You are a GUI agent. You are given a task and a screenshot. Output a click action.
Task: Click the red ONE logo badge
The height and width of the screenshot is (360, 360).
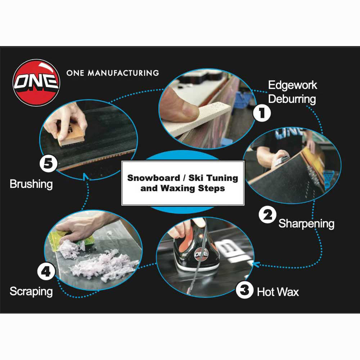(36, 82)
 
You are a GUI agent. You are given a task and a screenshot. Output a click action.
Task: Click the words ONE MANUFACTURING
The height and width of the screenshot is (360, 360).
(112, 73)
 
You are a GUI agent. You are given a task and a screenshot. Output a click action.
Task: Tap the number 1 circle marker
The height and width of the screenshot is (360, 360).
(262, 114)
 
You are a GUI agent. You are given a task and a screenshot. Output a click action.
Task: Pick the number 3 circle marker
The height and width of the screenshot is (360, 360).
(245, 290)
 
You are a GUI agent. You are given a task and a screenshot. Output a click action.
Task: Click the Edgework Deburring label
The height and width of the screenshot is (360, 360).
(292, 92)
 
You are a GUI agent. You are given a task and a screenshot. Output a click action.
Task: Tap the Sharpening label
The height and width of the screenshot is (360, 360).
(306, 224)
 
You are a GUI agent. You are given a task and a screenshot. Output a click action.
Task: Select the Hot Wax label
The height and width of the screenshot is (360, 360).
(278, 292)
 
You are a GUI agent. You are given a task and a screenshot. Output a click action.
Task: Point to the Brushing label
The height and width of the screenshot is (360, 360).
(31, 184)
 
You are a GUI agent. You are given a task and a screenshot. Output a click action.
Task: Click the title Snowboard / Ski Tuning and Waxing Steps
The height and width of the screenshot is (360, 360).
(183, 183)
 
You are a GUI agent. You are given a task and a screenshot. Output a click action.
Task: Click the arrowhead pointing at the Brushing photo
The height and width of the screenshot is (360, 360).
(85, 176)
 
